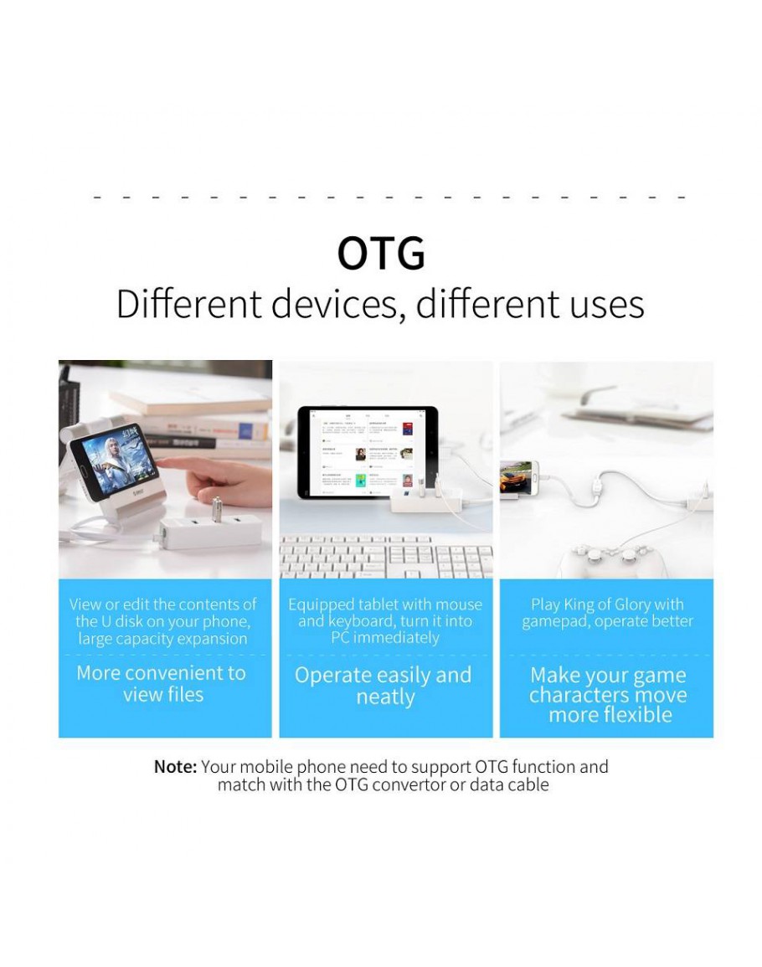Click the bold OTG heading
pos(381,253)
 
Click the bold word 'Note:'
pos(175,767)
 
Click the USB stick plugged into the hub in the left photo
pos(217,508)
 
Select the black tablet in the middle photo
pos(368,452)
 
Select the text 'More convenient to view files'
pos(162,683)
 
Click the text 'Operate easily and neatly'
pos(384,686)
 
